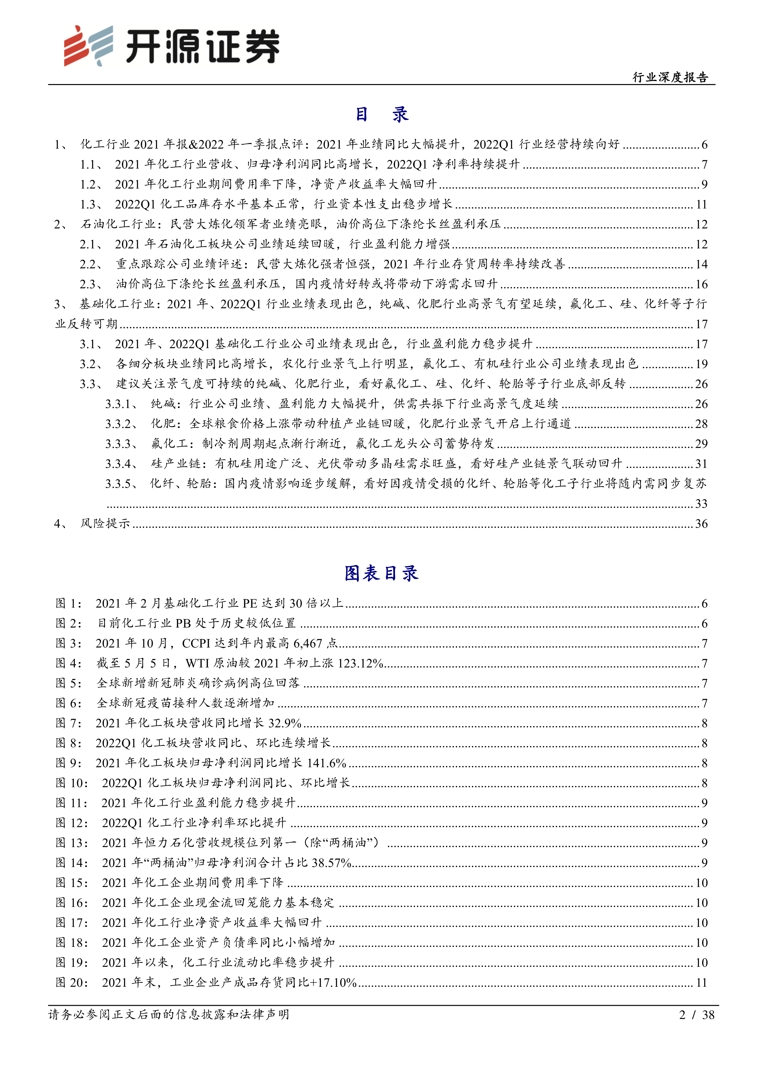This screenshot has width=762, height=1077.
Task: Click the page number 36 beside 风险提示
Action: click(x=701, y=523)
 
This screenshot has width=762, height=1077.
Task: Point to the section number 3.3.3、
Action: click(x=121, y=444)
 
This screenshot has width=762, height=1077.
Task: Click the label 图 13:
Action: click(x=72, y=843)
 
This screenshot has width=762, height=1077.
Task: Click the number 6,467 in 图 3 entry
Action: click(x=308, y=643)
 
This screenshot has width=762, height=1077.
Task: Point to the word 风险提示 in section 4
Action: click(x=105, y=523)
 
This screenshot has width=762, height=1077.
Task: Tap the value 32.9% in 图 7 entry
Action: click(x=285, y=723)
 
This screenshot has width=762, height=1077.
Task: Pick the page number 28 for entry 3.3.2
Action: click(x=701, y=424)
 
